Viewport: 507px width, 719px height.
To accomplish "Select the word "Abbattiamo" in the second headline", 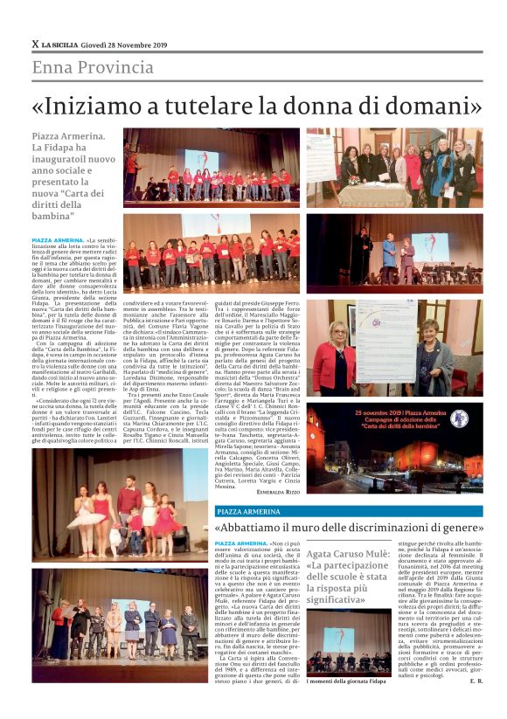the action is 262,529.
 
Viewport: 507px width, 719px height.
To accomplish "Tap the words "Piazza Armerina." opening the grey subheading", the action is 68,137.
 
